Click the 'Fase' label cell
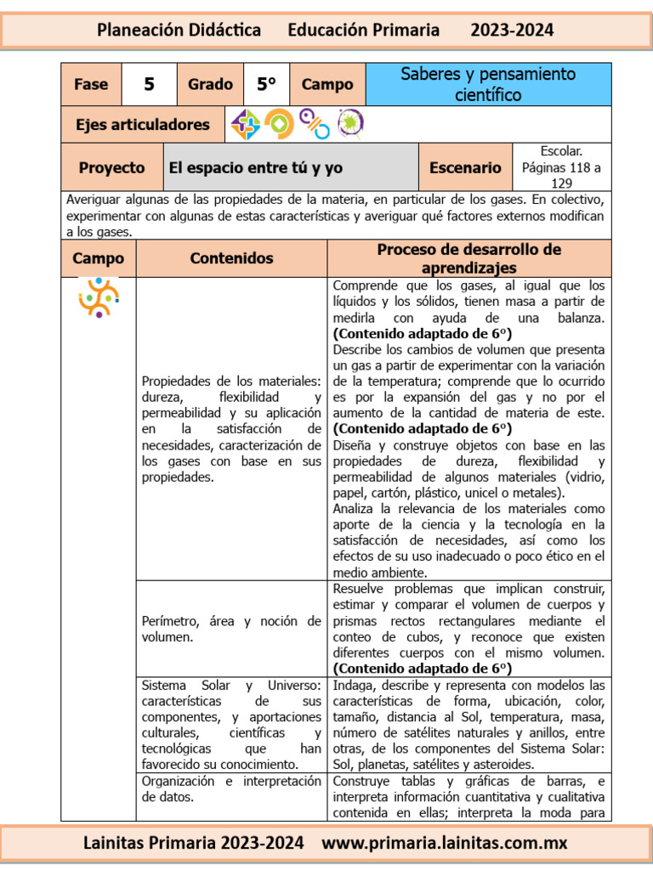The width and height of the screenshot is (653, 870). pyautogui.click(x=91, y=84)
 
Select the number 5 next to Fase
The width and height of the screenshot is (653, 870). pyautogui.click(x=149, y=84)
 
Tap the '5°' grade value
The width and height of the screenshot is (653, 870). pyautogui.click(x=267, y=84)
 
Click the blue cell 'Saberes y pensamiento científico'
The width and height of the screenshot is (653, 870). pyautogui.click(x=487, y=84)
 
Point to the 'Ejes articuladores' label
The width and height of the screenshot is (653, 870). pyautogui.click(x=142, y=124)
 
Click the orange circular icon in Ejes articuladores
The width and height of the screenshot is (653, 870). pyautogui.click(x=279, y=124)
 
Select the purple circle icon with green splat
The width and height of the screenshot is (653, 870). pyautogui.click(x=350, y=124)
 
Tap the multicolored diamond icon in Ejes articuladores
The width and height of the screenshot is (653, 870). pyautogui.click(x=246, y=125)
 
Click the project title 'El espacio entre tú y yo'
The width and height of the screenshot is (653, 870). pyautogui.click(x=256, y=167)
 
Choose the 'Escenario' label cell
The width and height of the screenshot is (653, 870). pyautogui.click(x=465, y=167)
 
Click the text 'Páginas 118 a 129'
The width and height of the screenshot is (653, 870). pyautogui.click(x=561, y=175)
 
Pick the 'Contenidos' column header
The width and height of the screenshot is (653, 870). pyautogui.click(x=231, y=258)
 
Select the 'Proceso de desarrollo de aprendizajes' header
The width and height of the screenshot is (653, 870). pyautogui.click(x=468, y=258)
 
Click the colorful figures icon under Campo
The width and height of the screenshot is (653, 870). pyautogui.click(x=98, y=297)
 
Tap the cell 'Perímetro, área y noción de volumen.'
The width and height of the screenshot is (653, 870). pyautogui.click(x=231, y=629)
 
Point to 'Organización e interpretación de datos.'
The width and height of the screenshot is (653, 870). pyautogui.click(x=231, y=789)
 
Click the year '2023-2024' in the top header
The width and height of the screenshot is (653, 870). pyautogui.click(x=512, y=31)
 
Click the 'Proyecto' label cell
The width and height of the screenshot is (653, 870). pyautogui.click(x=111, y=167)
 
